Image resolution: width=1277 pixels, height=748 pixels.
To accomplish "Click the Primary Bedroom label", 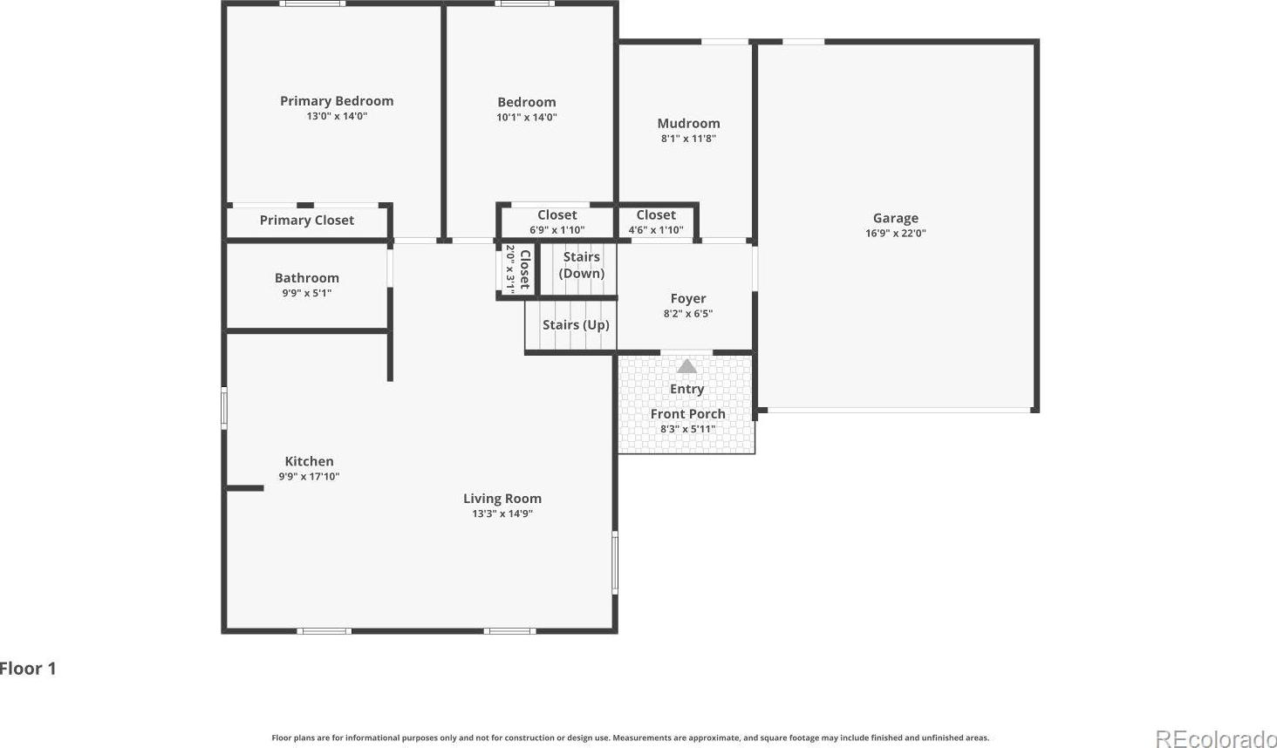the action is (337, 101).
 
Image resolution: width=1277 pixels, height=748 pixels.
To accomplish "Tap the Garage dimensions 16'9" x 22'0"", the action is (896, 233).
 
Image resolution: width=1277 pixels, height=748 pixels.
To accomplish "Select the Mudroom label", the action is (688, 123).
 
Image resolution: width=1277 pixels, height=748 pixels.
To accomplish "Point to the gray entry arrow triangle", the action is (686, 366).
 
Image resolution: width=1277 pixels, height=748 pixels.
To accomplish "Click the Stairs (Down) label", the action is (582, 265).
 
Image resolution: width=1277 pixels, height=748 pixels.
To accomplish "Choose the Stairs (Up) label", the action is (576, 324).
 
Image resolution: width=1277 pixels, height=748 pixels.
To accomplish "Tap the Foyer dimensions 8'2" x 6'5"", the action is (688, 313).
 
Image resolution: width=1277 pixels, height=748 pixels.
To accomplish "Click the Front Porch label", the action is (687, 413).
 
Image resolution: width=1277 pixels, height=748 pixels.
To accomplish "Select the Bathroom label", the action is (307, 278).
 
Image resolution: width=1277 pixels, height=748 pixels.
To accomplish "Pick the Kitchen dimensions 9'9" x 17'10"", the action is (309, 476).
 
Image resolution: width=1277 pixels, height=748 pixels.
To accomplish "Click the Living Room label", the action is (502, 499).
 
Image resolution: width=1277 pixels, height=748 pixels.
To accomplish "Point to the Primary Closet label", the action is (307, 220).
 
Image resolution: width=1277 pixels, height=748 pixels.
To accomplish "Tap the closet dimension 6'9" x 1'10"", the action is (557, 230).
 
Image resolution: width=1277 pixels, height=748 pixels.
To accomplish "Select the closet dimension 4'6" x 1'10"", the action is (656, 230).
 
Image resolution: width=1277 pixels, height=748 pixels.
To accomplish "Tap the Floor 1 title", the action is (28, 669).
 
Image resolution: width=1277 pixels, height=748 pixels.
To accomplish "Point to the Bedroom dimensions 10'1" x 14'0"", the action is (527, 118).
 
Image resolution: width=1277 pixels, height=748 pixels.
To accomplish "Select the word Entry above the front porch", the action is (687, 389).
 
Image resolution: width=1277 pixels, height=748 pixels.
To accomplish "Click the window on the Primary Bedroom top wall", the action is (312, 3).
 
